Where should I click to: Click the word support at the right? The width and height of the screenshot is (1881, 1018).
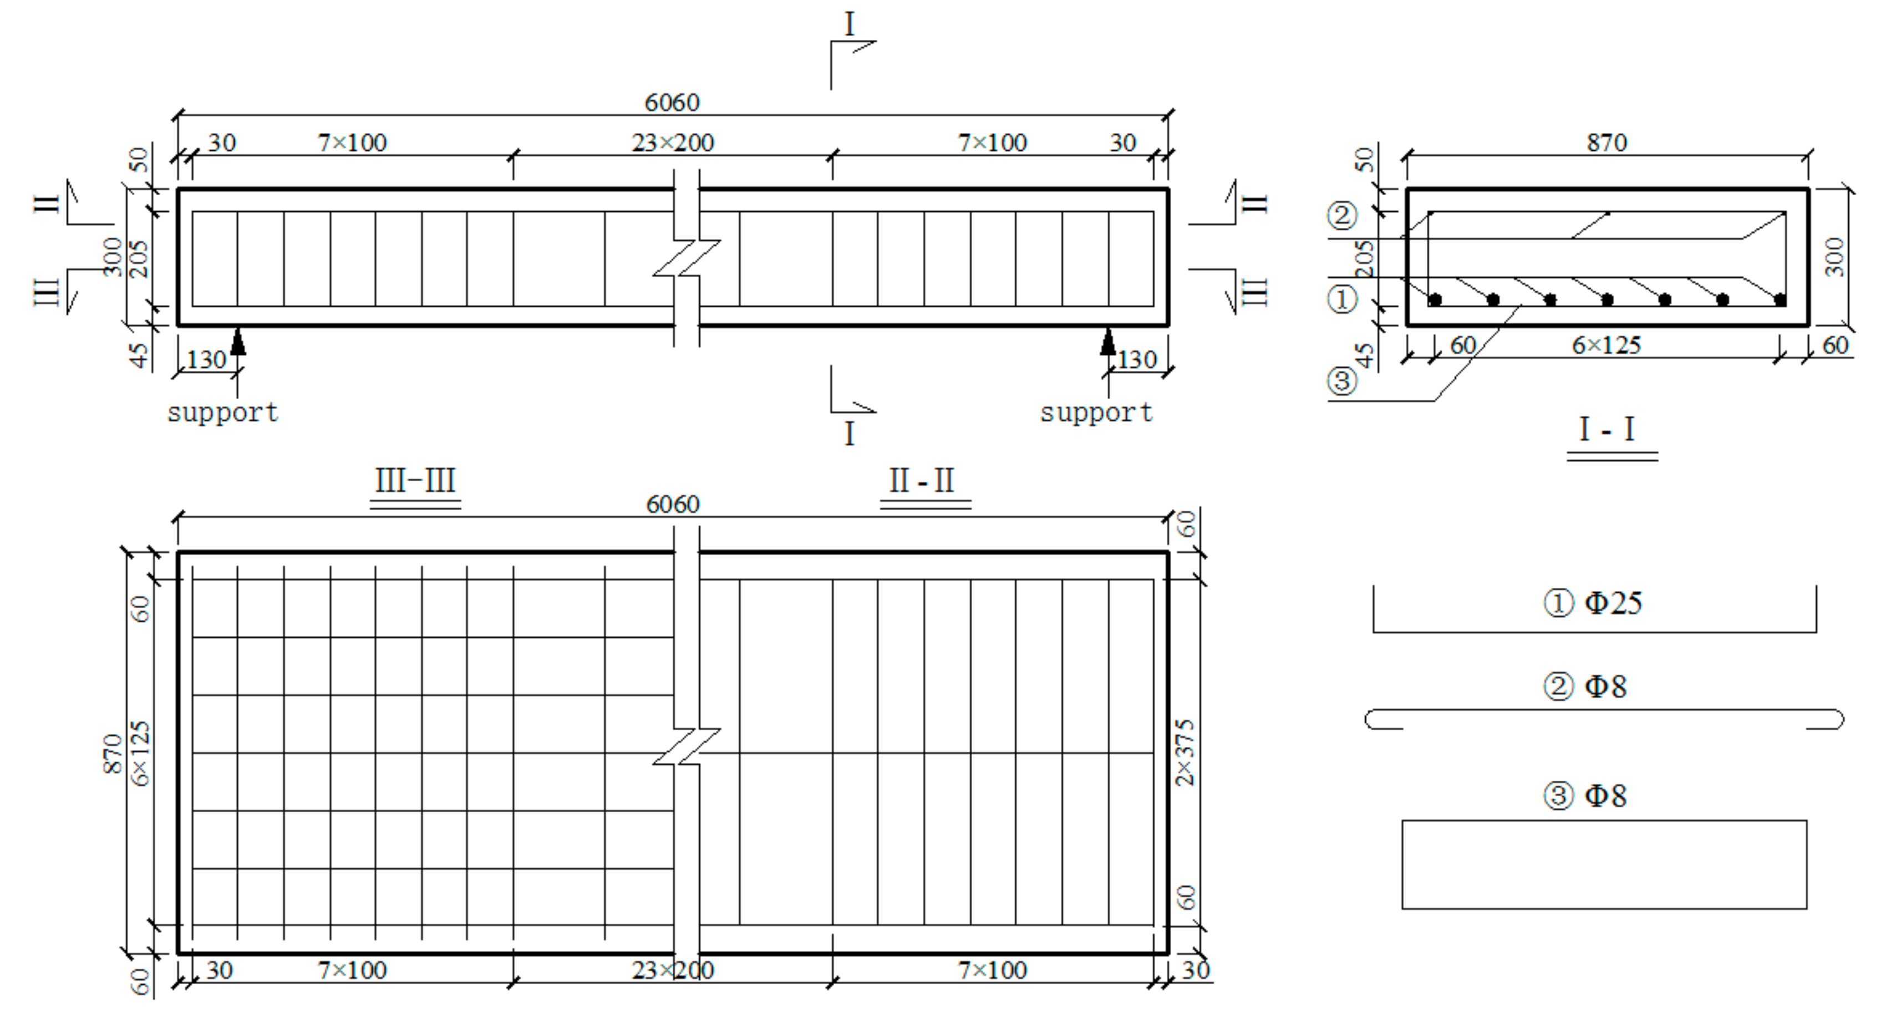1096,413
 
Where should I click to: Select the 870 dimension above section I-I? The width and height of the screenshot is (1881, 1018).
1607,142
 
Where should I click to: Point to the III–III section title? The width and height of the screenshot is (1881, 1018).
415,481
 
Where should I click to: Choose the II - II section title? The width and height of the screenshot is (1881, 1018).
922,481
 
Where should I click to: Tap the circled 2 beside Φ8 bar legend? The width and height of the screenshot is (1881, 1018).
1558,686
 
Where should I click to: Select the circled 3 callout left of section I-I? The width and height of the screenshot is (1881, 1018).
1341,380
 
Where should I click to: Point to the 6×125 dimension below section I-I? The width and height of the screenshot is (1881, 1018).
1606,345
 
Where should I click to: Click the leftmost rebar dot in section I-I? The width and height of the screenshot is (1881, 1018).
1435,299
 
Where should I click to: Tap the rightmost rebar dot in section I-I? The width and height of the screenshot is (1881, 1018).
1780,299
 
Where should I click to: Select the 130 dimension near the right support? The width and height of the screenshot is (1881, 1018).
1137,359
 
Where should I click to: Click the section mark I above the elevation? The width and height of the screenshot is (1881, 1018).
848,25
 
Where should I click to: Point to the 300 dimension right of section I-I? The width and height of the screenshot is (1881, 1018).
1833,257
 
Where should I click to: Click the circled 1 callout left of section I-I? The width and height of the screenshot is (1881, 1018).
1341,299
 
